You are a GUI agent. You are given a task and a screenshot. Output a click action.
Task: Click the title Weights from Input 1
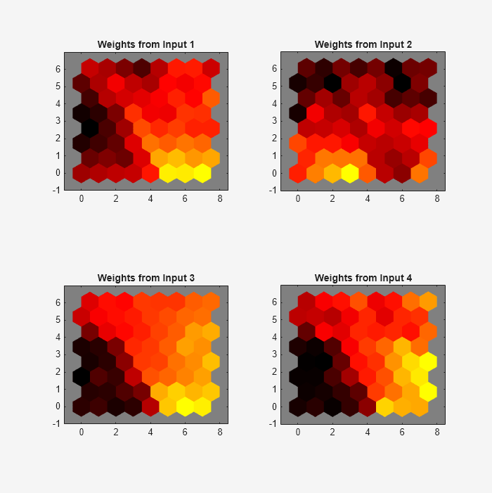pyautogui.click(x=145, y=44)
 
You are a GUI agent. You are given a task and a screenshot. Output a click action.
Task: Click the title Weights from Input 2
pyautogui.click(x=363, y=44)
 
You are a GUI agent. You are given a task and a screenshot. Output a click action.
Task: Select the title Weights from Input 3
pyautogui.click(x=145, y=278)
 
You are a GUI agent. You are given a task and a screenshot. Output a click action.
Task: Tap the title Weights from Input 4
pyautogui.click(x=363, y=278)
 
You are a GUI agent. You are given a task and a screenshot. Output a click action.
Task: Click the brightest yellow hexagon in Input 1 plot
pyautogui.click(x=202, y=172)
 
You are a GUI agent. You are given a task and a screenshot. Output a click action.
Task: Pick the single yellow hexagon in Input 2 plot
pyautogui.click(x=349, y=172)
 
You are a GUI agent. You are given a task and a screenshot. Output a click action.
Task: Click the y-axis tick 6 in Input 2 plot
pyautogui.click(x=275, y=68)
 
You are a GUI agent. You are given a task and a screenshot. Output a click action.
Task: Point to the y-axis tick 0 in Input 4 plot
pyautogui.click(x=275, y=406)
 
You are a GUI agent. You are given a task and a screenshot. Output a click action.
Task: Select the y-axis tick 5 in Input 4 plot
pyautogui.click(x=275, y=319)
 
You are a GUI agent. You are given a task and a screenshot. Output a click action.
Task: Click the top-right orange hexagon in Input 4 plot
pyautogui.click(x=427, y=302)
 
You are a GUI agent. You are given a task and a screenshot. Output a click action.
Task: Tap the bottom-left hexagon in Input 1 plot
pyautogui.click(x=82, y=172)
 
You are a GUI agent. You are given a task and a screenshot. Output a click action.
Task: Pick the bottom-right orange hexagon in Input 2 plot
pyautogui.click(x=419, y=172)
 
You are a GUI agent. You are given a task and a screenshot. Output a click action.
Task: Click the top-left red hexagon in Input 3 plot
pyautogui.click(x=90, y=302)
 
